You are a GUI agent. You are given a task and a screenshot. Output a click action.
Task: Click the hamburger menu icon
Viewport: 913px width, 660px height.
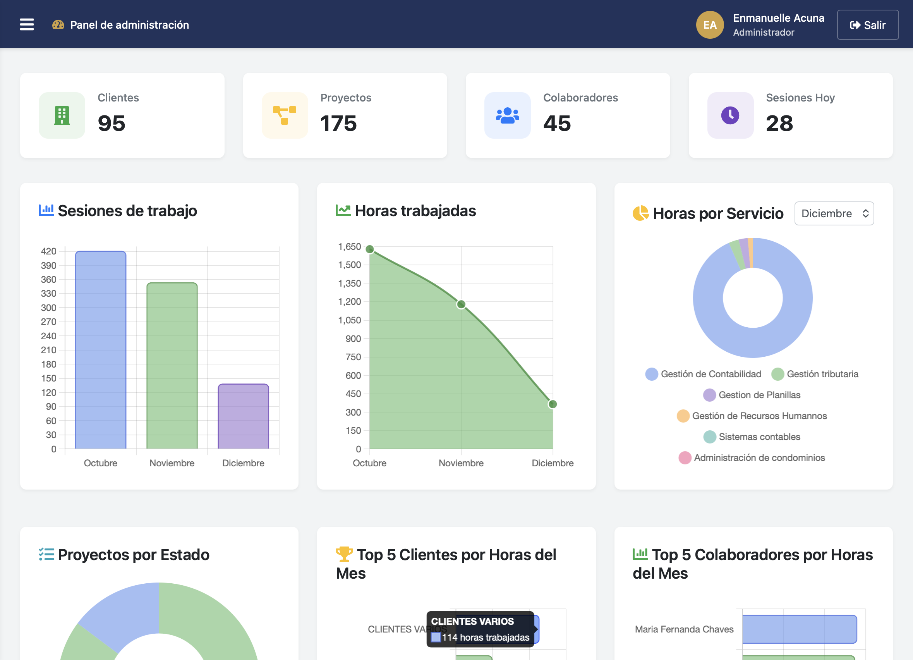tap(27, 24)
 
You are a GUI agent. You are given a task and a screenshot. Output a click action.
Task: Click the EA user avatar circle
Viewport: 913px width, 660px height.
tap(710, 25)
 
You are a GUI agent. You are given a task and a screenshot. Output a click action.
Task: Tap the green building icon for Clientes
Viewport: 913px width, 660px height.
tap(62, 115)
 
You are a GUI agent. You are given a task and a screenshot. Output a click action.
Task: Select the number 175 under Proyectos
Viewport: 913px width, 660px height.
tap(338, 123)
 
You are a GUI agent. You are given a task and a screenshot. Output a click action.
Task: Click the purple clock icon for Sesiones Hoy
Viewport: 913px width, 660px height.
tap(730, 115)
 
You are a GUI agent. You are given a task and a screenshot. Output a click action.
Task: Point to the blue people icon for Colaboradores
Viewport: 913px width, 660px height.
tap(507, 115)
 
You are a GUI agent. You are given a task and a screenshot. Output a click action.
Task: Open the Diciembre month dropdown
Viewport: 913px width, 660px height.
tap(834, 213)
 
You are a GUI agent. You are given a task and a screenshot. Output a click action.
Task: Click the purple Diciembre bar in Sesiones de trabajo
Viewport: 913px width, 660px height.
tap(243, 416)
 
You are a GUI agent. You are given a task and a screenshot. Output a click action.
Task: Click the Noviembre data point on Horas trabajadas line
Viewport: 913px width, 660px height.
tap(461, 304)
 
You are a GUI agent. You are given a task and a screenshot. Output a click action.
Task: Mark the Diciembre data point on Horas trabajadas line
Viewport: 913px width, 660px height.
tap(552, 404)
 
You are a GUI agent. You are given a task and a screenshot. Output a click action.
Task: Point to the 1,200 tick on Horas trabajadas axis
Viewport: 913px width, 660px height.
tap(349, 302)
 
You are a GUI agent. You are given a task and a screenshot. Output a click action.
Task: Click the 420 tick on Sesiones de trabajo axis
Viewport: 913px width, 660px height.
tap(48, 251)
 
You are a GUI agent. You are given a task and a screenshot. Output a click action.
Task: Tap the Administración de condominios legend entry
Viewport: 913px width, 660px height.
tap(752, 458)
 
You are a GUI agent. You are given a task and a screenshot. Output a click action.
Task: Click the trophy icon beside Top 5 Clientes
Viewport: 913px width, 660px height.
tap(344, 555)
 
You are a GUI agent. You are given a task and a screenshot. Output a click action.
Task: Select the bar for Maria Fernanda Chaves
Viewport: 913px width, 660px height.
tap(799, 629)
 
